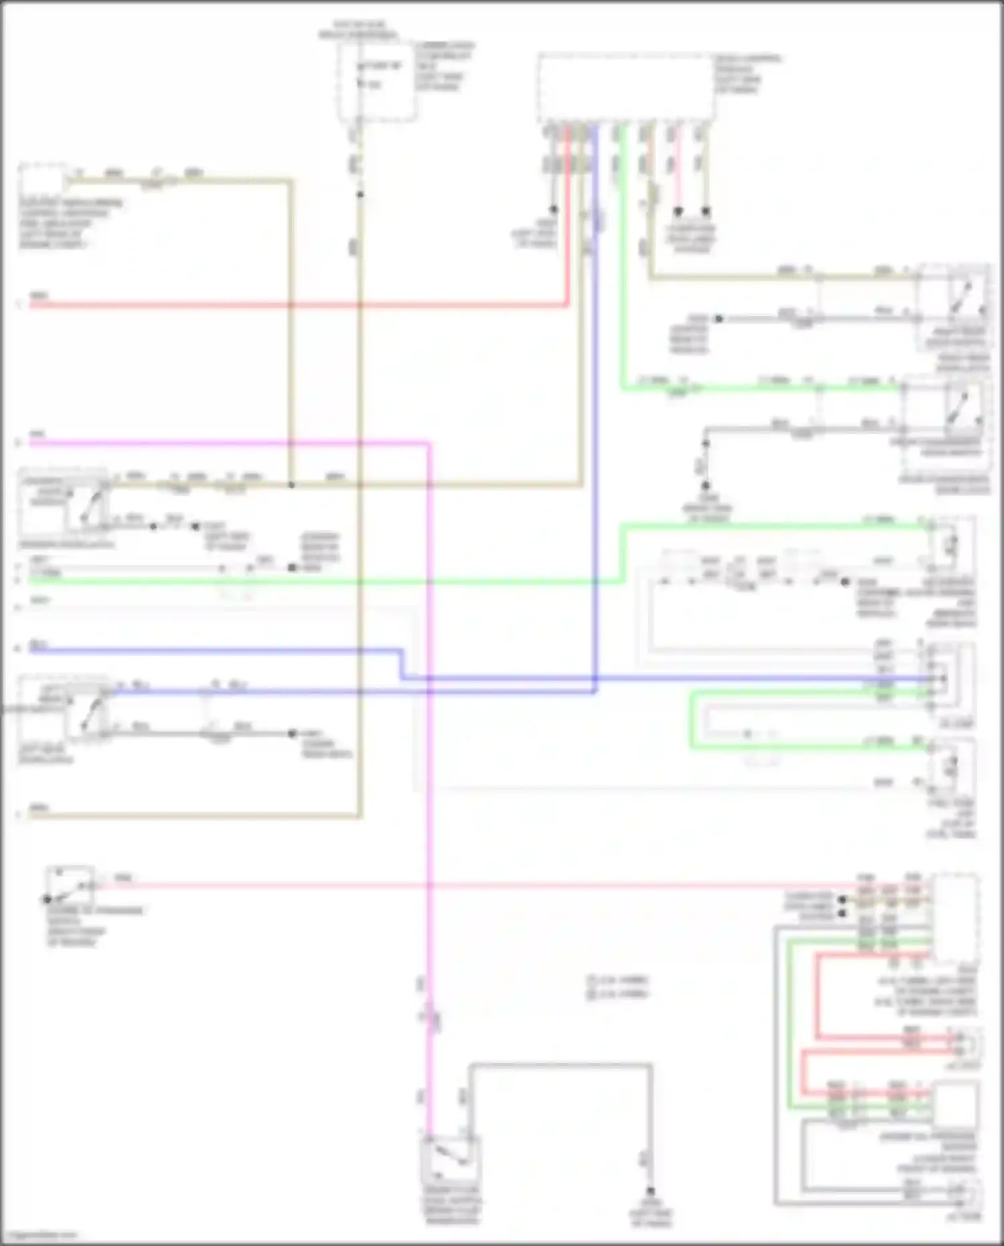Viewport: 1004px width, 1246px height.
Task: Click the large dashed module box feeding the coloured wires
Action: point(626,88)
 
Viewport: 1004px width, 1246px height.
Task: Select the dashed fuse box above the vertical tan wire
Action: point(376,82)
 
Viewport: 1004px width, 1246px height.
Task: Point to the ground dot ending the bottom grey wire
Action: point(650,1192)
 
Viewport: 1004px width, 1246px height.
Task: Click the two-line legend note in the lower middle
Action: point(617,987)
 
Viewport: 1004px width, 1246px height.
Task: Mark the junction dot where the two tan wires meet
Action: point(291,484)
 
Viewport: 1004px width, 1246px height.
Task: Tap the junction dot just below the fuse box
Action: point(360,194)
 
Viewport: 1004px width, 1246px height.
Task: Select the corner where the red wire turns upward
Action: point(568,305)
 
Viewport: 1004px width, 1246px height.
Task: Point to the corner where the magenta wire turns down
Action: point(428,443)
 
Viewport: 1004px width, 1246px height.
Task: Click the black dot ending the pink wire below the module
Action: point(677,212)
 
